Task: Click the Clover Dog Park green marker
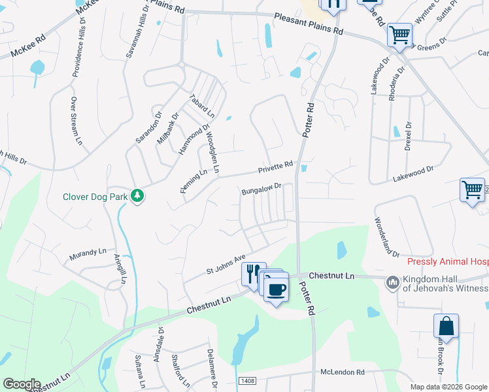[x=137, y=195]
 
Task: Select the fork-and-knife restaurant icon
[x=253, y=274]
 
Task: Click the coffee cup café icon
[x=277, y=289]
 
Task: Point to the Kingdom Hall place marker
[x=393, y=282]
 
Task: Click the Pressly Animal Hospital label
[x=447, y=261]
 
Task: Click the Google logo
[x=21, y=384]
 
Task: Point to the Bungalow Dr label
[x=261, y=189]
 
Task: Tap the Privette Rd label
[x=275, y=168]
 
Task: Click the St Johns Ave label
[x=226, y=263]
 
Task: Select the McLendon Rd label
[x=342, y=372]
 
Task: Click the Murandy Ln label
[x=85, y=252]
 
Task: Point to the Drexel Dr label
[x=407, y=136]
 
